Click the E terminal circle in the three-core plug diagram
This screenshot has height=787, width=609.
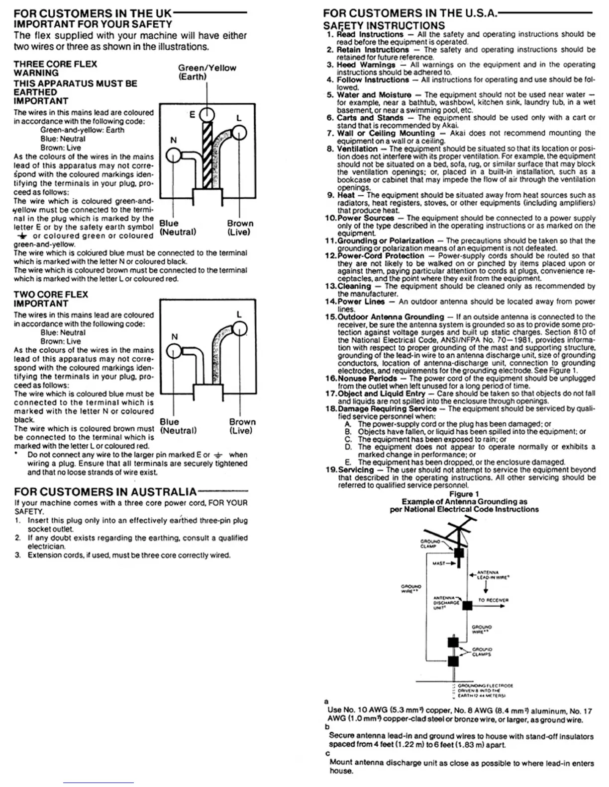click(x=206, y=115)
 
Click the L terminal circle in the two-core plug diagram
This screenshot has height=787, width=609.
click(x=240, y=328)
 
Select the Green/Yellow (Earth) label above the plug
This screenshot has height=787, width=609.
click(x=206, y=72)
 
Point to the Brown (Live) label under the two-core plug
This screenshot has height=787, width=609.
click(x=242, y=426)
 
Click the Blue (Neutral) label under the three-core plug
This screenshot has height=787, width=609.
click(x=177, y=228)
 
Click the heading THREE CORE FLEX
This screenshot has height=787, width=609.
click(x=55, y=64)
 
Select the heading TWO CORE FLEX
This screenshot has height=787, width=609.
click(x=51, y=295)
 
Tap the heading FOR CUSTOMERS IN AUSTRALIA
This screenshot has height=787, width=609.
click(x=105, y=492)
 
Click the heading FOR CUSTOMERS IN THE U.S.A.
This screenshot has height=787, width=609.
click(x=410, y=13)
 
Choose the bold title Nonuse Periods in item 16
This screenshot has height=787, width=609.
click(x=369, y=378)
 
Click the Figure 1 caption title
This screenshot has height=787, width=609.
click(x=464, y=494)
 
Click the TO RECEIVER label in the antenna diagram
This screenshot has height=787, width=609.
click(x=493, y=600)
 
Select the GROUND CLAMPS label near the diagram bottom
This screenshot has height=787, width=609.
click(x=482, y=652)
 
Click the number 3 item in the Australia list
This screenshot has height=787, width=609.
click(x=17, y=555)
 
